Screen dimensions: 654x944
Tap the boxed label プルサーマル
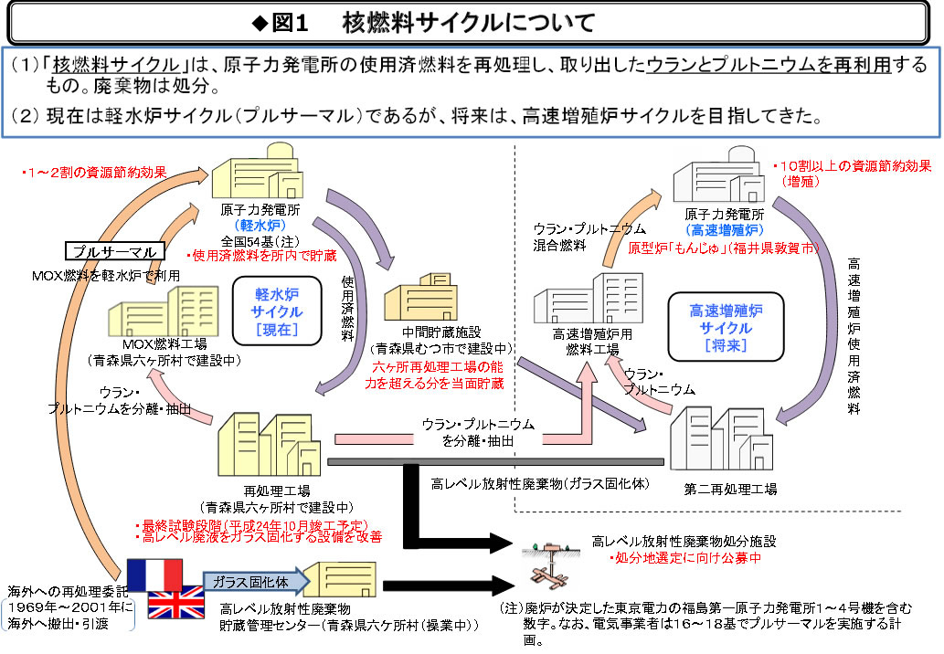(115, 251)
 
